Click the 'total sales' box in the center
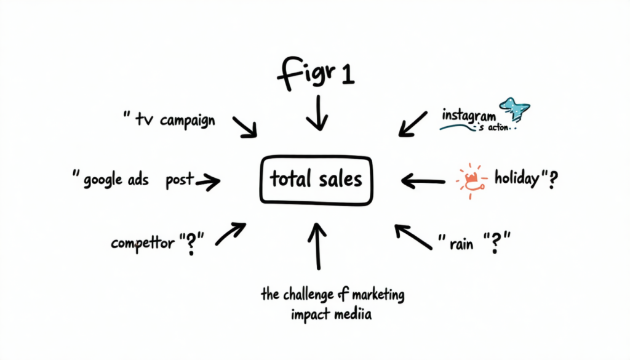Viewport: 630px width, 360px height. point(316,180)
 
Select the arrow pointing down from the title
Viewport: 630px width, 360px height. point(317,112)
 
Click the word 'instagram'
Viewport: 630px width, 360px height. point(468,115)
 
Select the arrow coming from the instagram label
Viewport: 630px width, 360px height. point(412,123)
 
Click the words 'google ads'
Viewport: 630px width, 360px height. point(117,180)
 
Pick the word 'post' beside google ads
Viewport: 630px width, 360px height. point(179,180)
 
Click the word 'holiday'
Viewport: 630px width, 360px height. point(517,180)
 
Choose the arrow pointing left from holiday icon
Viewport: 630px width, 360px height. point(423,180)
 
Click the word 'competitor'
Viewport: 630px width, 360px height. point(143,242)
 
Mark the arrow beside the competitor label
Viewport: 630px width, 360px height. point(230,234)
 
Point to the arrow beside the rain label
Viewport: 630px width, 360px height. point(413,236)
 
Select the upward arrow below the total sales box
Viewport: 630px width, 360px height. point(317,246)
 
